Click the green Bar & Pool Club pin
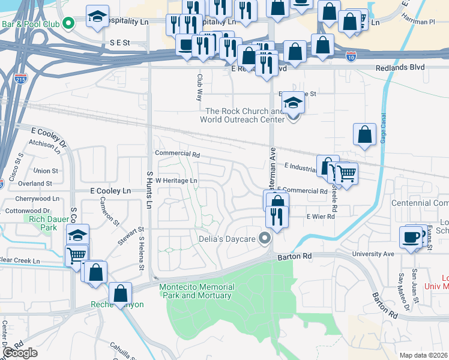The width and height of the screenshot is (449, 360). tap(68, 24)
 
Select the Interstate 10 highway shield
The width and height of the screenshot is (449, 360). tap(351, 57)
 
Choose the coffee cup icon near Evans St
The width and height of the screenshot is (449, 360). tap(411, 236)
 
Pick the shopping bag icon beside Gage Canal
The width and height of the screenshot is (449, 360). tap(364, 135)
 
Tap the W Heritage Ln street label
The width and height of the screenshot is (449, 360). tap(177, 180)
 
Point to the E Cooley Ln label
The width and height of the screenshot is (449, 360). tap(110, 190)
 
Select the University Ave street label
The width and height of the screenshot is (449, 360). tap(373, 254)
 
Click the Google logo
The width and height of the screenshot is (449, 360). tap(20, 353)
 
